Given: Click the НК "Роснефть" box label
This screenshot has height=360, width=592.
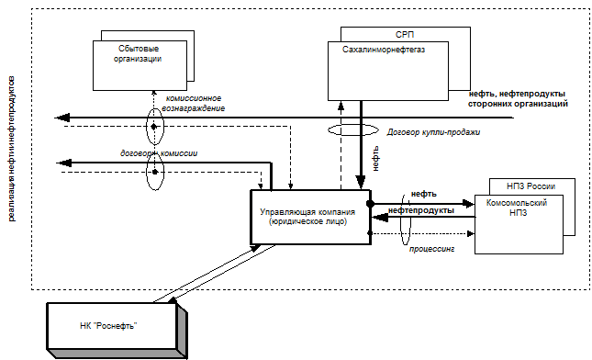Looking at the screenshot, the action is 108,326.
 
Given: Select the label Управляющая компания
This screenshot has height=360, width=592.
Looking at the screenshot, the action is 307,212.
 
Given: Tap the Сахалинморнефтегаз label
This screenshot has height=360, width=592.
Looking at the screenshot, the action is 384,50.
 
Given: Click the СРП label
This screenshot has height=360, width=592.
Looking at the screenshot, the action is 405,34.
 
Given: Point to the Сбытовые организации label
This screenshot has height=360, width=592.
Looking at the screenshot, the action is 139,53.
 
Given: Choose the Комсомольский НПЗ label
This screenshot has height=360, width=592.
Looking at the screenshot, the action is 517,208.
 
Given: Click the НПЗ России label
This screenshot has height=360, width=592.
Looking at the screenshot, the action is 531,186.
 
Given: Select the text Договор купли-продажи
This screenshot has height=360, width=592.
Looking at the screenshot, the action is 433,132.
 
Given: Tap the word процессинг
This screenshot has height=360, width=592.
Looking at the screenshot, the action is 431,249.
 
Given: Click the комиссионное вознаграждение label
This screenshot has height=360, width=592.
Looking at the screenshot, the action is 194,103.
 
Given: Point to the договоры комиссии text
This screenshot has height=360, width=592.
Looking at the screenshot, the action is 159,153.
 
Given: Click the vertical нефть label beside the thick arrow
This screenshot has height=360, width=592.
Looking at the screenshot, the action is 375,159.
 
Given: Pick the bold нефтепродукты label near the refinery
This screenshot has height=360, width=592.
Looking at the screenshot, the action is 421,210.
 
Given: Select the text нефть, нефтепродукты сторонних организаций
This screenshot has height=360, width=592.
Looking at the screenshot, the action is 518,98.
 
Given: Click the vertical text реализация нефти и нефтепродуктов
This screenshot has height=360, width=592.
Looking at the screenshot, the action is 11,149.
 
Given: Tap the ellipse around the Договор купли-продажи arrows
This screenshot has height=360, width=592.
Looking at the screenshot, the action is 328,130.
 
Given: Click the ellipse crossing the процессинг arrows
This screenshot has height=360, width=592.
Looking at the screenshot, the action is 401,219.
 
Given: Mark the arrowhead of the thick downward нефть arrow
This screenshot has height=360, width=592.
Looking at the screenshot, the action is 361,182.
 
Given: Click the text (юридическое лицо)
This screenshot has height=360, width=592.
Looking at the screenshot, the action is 307,221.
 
